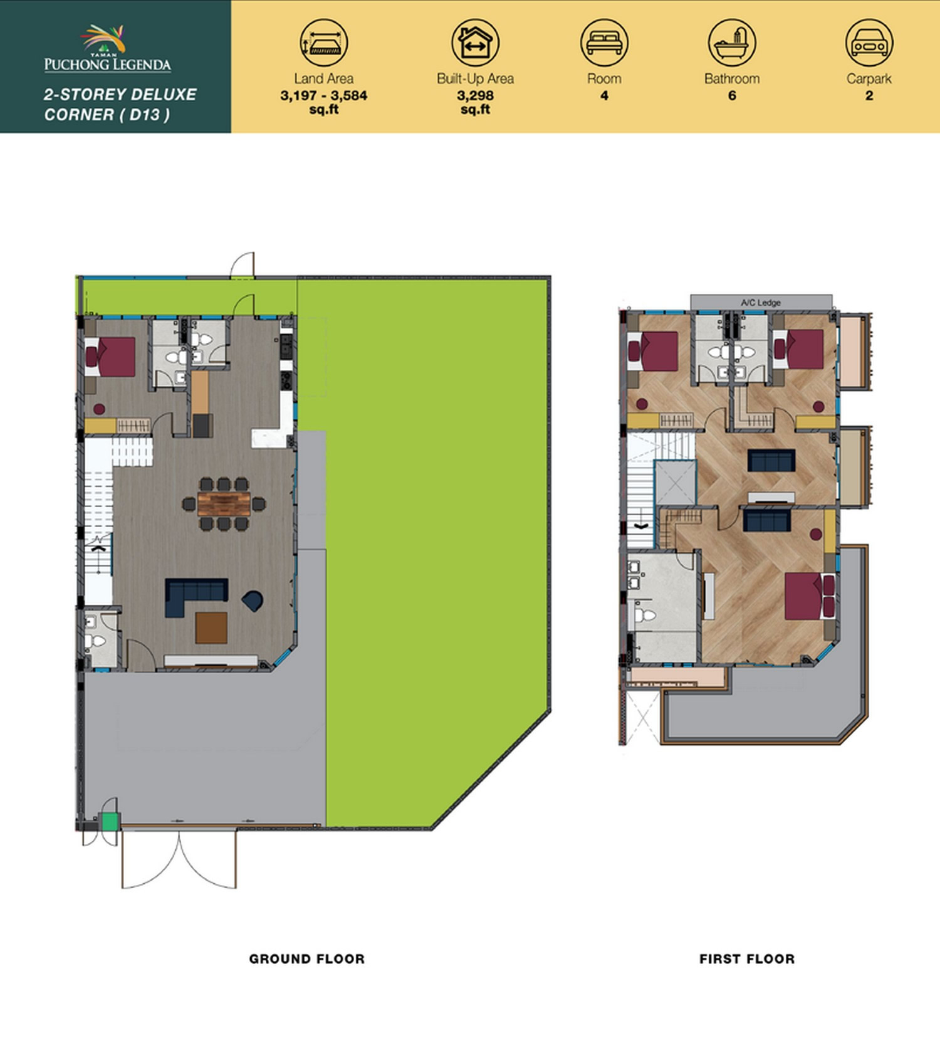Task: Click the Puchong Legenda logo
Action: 107,48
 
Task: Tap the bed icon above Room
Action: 604,43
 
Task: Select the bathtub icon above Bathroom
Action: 732,43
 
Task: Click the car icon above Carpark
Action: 869,43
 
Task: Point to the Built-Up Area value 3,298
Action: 475,96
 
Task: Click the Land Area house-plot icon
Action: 323,43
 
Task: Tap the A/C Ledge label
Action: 761,303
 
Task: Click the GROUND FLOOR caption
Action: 306,958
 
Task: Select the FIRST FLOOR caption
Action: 747,958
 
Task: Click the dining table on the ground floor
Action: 224,504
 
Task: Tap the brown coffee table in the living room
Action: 211,628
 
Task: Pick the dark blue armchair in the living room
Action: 254,600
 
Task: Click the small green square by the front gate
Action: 110,821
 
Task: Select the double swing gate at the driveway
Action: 179,859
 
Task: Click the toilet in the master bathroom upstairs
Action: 644,615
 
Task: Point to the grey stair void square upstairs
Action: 676,482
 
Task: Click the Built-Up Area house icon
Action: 475,43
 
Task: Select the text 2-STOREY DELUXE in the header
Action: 120,95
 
